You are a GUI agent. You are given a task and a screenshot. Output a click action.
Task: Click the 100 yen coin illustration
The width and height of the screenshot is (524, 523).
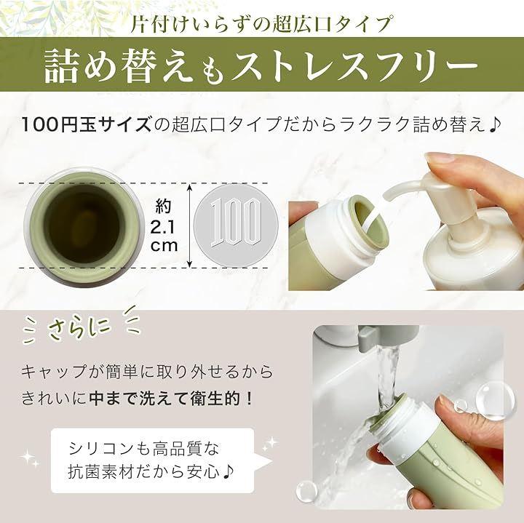click(236, 225)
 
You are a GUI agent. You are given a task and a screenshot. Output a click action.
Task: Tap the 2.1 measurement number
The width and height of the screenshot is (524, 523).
click(163, 228)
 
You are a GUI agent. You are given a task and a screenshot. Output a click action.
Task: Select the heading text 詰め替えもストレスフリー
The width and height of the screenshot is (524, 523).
click(261, 65)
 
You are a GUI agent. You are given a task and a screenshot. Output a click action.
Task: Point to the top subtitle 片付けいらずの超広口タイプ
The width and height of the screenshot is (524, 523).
click(261, 24)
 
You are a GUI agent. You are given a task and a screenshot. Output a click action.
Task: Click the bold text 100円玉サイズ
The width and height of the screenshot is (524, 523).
click(86, 124)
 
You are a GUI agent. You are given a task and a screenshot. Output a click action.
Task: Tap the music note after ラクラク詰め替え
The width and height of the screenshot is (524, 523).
click(494, 124)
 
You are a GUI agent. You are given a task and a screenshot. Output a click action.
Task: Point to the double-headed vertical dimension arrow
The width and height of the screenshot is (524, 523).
click(190, 225)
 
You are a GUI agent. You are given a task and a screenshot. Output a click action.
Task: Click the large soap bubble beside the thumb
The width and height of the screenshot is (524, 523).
click(491, 401)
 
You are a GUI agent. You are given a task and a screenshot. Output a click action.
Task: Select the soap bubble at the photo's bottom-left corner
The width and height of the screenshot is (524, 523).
click(306, 491)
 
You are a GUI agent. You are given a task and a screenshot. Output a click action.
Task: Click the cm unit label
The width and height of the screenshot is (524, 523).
click(164, 245)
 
